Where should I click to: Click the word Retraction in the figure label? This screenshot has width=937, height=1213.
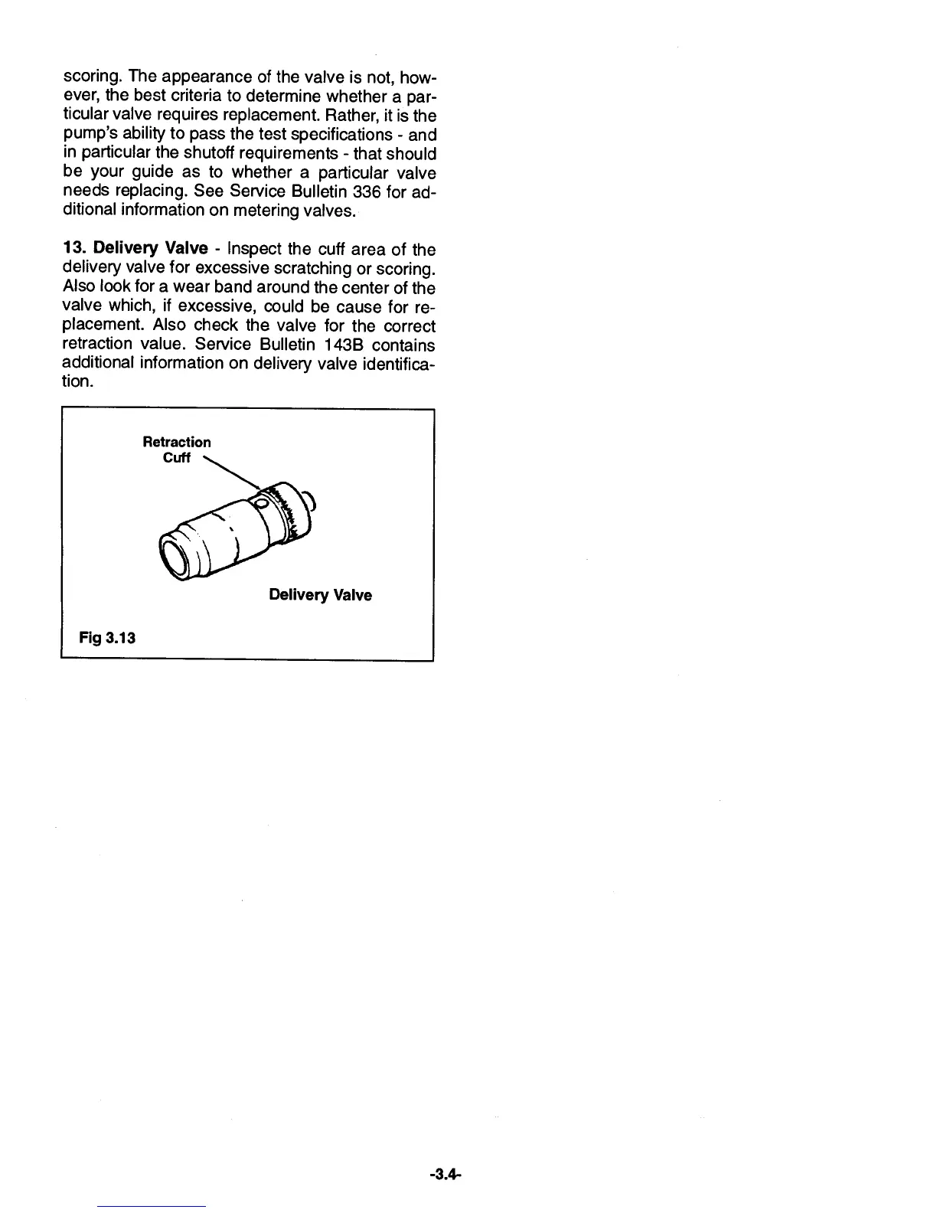[177, 442]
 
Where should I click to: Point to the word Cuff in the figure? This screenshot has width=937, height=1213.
[177, 458]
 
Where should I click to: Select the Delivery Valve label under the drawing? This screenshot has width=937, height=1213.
[321, 595]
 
